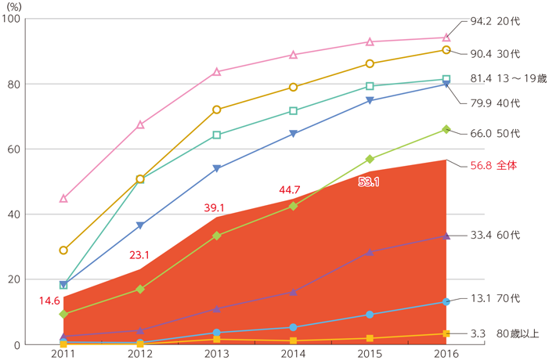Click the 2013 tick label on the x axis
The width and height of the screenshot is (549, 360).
pyautogui.click(x=216, y=353)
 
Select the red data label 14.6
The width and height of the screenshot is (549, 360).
pyautogui.click(x=48, y=301)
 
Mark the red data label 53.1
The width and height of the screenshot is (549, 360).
pyautogui.click(x=368, y=182)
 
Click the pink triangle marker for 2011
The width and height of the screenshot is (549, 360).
pyautogui.click(x=63, y=199)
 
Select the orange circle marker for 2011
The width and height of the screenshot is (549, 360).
pyautogui.click(x=63, y=250)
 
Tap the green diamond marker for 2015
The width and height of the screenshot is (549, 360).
pyautogui.click(x=370, y=159)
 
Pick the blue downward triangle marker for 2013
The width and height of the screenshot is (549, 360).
pyautogui.click(x=216, y=168)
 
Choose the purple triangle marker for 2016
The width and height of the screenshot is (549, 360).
pyautogui.click(x=446, y=236)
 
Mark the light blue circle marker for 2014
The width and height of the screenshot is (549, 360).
pyautogui.click(x=293, y=327)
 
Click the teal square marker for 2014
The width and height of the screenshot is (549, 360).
pyautogui.click(x=293, y=111)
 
